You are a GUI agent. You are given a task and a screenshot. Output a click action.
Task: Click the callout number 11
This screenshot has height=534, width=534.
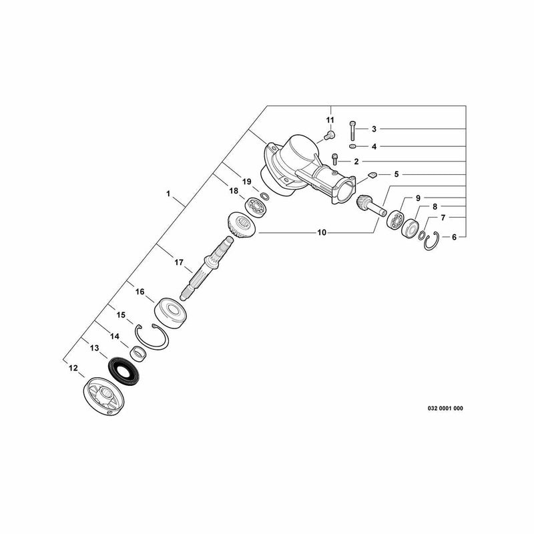coord(330,120)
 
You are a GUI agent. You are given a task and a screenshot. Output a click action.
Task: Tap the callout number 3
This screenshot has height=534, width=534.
coord(374,129)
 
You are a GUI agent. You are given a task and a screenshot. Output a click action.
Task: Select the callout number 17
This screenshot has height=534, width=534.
coord(179,262)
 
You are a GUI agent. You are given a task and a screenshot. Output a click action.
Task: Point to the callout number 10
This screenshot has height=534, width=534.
coord(322,232)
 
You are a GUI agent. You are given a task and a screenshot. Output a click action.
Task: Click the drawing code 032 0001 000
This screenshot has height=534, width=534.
coord(445,409)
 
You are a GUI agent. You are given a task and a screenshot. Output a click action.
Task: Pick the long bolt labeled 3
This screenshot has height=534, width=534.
coord(352,130)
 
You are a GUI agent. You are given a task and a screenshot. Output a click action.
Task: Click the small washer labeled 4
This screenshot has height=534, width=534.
coord(352,146)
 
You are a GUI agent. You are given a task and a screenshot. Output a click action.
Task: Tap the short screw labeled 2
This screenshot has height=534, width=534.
coord(334,159)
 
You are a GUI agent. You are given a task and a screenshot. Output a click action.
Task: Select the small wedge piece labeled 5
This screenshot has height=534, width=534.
coord(372,175)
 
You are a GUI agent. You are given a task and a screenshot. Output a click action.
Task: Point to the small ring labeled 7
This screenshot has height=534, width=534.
coord(422,235)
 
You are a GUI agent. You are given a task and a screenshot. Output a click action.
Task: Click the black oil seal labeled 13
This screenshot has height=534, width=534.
coord(123,372)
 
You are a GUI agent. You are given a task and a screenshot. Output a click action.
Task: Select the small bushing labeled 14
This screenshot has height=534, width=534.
coord(139,353)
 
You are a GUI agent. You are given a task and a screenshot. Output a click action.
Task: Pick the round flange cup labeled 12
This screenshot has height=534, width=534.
coord(103,396)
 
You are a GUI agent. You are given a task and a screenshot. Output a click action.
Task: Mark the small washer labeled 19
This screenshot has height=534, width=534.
coord(264,196)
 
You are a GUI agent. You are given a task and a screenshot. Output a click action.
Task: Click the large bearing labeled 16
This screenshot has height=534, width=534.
coord(171,313)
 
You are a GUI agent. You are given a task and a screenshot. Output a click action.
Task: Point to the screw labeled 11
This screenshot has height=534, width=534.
coord(329,136)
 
